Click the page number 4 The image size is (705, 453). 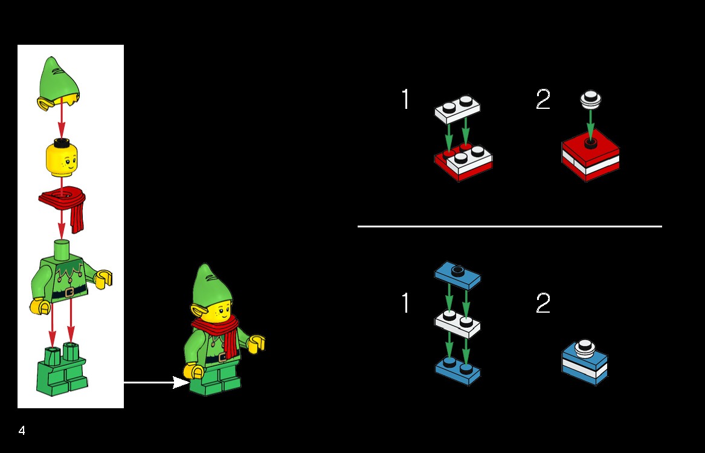pyautogui.click(x=22, y=431)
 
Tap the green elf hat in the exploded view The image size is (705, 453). pyautogui.click(x=59, y=83)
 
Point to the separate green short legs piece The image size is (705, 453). pyautogui.click(x=62, y=370)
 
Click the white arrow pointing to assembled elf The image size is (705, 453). pyautogui.click(x=156, y=383)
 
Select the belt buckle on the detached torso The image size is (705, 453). pyautogui.click(x=69, y=293)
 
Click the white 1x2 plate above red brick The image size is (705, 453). pyautogui.click(x=457, y=108)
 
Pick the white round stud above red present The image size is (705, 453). pyautogui.click(x=590, y=100)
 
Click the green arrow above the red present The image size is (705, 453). pyautogui.click(x=590, y=124)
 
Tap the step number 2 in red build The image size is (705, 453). pyautogui.click(x=543, y=99)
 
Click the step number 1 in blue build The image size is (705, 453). pyautogui.click(x=405, y=302)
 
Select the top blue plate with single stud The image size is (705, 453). pyautogui.click(x=457, y=275)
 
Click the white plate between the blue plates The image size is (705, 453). pyautogui.click(x=457, y=324)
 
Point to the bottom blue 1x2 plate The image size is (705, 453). pyautogui.click(x=457, y=371)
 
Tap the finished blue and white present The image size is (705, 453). pyautogui.click(x=585, y=362)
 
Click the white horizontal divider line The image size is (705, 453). pyautogui.click(x=509, y=226)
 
